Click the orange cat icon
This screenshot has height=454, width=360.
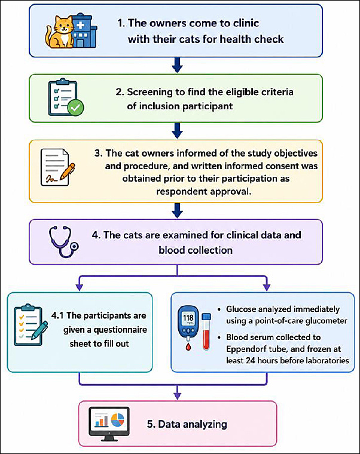(x=60, y=32)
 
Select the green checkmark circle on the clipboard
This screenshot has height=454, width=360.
(x=76, y=108)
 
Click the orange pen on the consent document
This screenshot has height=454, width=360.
(x=67, y=171)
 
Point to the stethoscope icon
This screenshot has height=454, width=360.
(x=63, y=241)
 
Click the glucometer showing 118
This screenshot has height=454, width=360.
(x=188, y=323)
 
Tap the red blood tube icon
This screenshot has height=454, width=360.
(x=206, y=332)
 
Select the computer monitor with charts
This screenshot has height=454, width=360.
(x=109, y=424)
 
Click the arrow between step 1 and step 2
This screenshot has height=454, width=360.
(x=177, y=65)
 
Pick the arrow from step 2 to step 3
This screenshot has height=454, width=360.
(x=177, y=131)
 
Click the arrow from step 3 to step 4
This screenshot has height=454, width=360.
(x=177, y=210)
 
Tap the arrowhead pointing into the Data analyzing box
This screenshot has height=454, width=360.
(x=177, y=395)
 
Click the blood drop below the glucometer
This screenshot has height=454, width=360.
(x=188, y=346)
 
